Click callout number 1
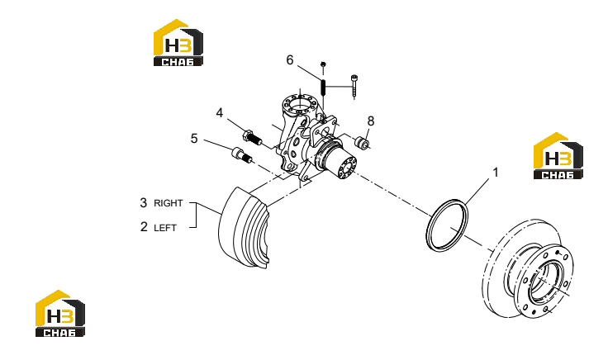pyautogui.click(x=495, y=172)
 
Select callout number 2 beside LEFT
pyautogui.click(x=144, y=227)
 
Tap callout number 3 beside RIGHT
pyautogui.click(x=144, y=202)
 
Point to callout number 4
pyautogui.click(x=220, y=113)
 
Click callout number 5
pyautogui.click(x=194, y=139)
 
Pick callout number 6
pyautogui.click(x=290, y=60)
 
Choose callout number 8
pyautogui.click(x=371, y=121)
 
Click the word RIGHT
pyautogui.click(x=168, y=203)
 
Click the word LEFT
pyautogui.click(x=165, y=228)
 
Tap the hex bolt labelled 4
pyautogui.click(x=252, y=137)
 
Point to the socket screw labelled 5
pyautogui.click(x=241, y=155)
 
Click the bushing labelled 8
pyautogui.click(x=362, y=142)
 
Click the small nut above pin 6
pyautogui.click(x=323, y=64)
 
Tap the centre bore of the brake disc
pyautogui.click(x=544, y=282)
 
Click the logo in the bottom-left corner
pyautogui.click(x=60, y=313)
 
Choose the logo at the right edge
pyautogui.click(x=558, y=156)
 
